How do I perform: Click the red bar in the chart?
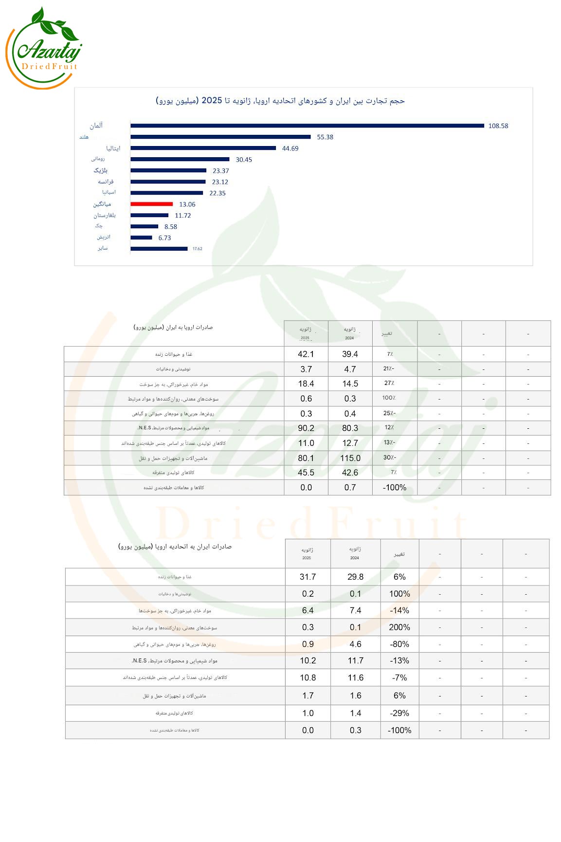point(151,204)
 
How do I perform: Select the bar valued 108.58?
point(307,126)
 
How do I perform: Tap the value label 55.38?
point(325,137)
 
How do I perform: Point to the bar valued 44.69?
point(203,148)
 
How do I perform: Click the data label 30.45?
point(244,160)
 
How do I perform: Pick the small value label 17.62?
point(197,249)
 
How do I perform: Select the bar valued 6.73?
point(141,238)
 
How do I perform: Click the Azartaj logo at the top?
point(44,49)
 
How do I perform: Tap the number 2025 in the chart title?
point(212,100)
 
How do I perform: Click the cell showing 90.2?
point(306,428)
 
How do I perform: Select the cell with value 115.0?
point(350,458)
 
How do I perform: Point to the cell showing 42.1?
point(306,354)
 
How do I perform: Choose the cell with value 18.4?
point(306,384)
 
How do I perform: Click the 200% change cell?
point(399,627)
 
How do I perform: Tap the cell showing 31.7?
point(308,577)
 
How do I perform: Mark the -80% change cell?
point(399,644)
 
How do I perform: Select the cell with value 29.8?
point(355,577)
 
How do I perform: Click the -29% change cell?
point(399,713)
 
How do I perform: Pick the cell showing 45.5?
point(306,473)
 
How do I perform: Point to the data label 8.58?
point(171,227)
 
